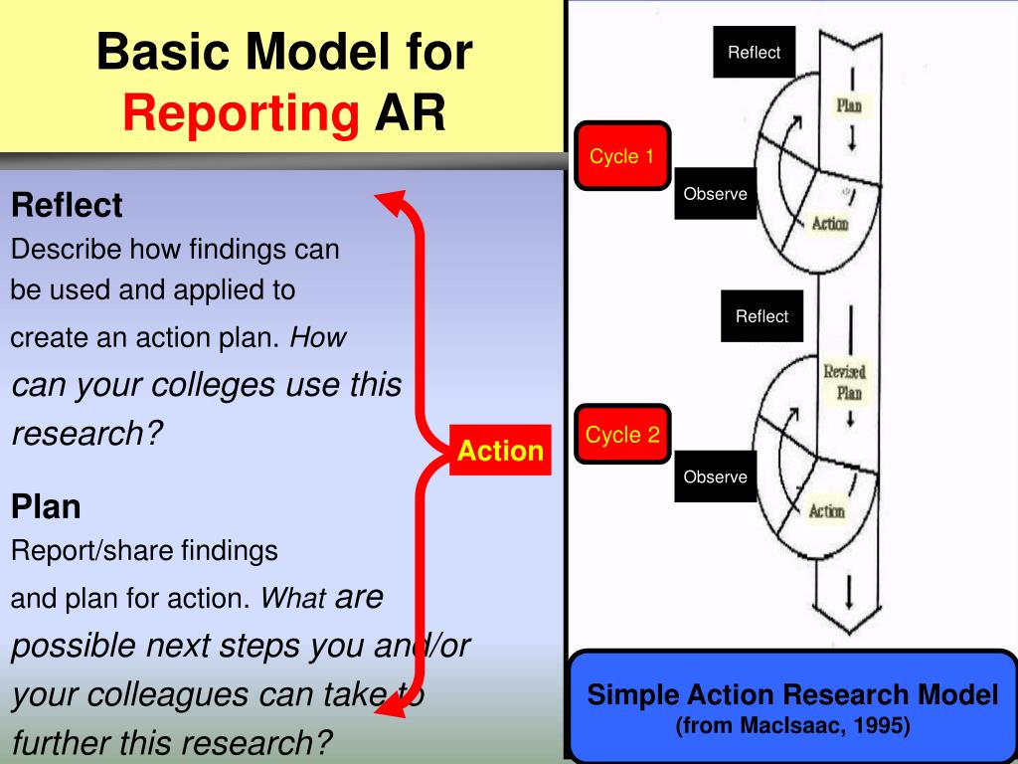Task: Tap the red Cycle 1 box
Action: coord(622,156)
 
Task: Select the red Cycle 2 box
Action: coord(622,435)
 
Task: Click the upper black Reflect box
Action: coord(755,53)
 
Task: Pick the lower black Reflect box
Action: coord(762,316)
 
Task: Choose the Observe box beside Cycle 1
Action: coord(715,194)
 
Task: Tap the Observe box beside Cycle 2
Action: coord(715,477)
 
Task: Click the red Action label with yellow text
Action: coord(500,451)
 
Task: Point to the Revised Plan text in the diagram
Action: coord(844,382)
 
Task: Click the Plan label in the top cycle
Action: coord(848,105)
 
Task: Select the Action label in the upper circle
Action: coord(830,224)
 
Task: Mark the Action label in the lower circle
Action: coord(826,510)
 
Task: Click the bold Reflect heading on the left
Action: coord(67,206)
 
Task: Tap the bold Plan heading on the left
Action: coord(46,507)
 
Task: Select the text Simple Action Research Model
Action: coord(792,694)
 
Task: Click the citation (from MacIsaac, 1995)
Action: coord(792,726)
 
